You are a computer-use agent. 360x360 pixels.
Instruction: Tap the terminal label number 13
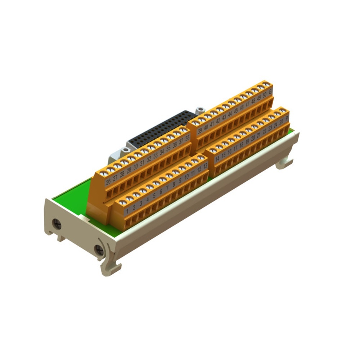point(206,166)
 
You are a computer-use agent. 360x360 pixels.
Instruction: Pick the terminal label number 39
point(199,131)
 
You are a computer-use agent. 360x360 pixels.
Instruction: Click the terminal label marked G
point(270,91)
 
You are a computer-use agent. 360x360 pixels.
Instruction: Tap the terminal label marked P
point(287,118)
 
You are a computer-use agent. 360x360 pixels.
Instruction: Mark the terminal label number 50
point(264,95)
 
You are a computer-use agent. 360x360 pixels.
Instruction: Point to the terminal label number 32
point(149,159)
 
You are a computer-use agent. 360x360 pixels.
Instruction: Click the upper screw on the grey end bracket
point(57,224)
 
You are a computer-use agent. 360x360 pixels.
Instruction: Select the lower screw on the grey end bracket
point(98,249)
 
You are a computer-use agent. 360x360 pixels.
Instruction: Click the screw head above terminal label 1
point(123,202)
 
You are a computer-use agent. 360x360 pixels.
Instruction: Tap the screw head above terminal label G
point(266,84)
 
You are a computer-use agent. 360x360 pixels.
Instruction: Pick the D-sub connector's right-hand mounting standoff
point(200,109)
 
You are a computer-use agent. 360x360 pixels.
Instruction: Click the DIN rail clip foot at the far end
point(284,164)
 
